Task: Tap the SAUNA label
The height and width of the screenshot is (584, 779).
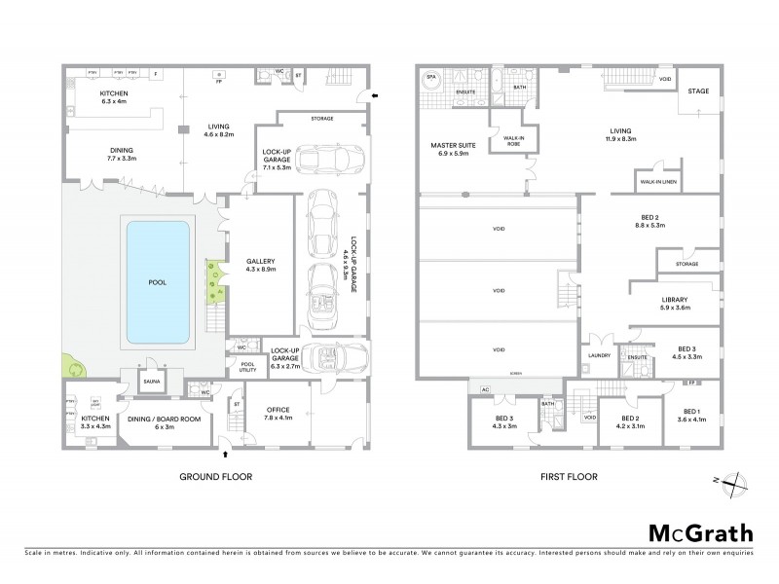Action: (x=151, y=382)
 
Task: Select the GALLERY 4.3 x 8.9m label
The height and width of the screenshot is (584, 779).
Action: (x=255, y=266)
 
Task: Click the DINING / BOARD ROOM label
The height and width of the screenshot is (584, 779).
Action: (x=157, y=421)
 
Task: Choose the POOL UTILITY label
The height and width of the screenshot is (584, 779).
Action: (x=241, y=368)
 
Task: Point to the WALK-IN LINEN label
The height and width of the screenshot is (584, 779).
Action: (x=659, y=182)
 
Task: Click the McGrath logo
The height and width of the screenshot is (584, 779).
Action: (x=700, y=532)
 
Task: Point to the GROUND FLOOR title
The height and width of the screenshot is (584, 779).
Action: (x=216, y=477)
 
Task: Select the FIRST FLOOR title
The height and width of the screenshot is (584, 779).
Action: (x=569, y=477)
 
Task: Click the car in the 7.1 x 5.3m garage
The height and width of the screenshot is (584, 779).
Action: (x=329, y=158)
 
